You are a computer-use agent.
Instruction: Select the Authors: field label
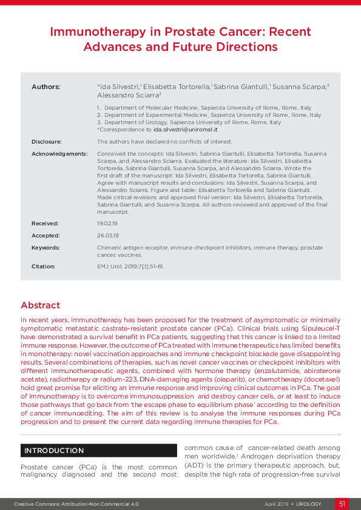46,87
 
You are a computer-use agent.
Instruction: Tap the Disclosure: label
47,141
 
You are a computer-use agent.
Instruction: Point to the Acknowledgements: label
59,154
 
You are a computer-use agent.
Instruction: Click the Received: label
46,224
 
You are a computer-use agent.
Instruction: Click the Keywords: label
46,248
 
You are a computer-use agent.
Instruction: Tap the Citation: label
43,267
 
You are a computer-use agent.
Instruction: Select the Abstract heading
40,305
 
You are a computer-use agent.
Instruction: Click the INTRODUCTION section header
54,451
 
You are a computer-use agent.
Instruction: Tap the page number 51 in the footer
342,504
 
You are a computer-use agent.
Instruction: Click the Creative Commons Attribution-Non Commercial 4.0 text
76,504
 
